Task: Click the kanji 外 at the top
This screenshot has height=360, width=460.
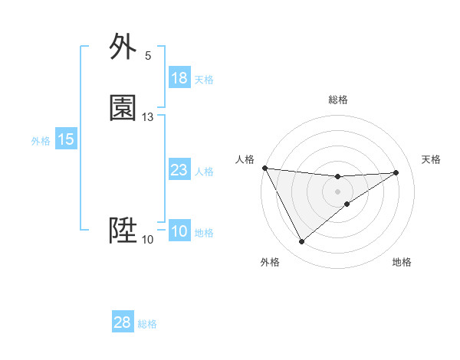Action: click(x=123, y=47)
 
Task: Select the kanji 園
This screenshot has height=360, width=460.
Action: click(x=123, y=109)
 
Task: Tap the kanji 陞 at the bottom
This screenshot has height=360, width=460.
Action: click(x=123, y=231)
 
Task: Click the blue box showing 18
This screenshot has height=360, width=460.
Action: click(x=179, y=78)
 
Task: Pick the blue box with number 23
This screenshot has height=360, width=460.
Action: click(x=179, y=170)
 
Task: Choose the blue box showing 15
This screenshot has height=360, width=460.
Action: click(x=66, y=139)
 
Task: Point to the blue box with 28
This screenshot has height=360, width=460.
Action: click(x=123, y=322)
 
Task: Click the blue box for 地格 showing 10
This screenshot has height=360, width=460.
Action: click(x=179, y=231)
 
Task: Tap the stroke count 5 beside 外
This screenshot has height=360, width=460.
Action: click(x=148, y=55)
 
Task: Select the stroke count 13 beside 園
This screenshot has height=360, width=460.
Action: click(x=148, y=117)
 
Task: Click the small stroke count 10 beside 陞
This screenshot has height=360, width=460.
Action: click(x=148, y=240)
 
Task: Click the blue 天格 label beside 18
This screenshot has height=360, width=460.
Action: click(x=204, y=80)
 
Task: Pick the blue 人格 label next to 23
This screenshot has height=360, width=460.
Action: click(x=204, y=172)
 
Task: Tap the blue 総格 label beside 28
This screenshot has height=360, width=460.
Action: click(x=147, y=324)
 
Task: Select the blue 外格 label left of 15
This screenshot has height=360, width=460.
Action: click(x=41, y=141)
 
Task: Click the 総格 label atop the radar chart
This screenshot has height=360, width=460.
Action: click(x=338, y=100)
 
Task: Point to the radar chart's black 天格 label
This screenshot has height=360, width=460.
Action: click(x=432, y=159)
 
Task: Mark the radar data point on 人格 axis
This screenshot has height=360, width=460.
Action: click(x=264, y=168)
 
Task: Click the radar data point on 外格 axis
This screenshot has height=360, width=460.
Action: click(x=301, y=242)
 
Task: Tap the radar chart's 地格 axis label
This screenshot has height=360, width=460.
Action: click(x=402, y=262)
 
